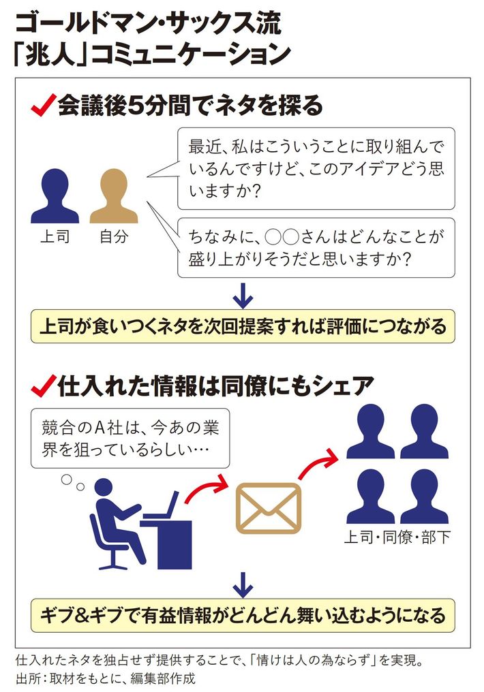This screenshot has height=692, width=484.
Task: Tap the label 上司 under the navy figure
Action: [x=55, y=236]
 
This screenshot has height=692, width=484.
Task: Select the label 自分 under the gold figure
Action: [x=114, y=236]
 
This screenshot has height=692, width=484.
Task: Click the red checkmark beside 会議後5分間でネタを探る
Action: [x=44, y=106]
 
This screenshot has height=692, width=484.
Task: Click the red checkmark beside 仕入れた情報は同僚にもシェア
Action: [x=44, y=386]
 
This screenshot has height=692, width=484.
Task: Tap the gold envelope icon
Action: [x=269, y=507]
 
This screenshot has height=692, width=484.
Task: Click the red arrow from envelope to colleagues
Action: [x=317, y=462]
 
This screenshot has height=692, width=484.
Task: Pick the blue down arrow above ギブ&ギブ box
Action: [x=243, y=585]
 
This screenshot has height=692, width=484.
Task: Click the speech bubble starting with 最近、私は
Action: [x=316, y=169]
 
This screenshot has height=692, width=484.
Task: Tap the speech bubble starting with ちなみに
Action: [x=316, y=248]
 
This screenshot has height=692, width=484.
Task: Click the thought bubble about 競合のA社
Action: [x=130, y=438]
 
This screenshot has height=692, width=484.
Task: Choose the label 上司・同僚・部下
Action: [x=397, y=537]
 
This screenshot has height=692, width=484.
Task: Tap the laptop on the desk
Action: [x=163, y=506]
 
